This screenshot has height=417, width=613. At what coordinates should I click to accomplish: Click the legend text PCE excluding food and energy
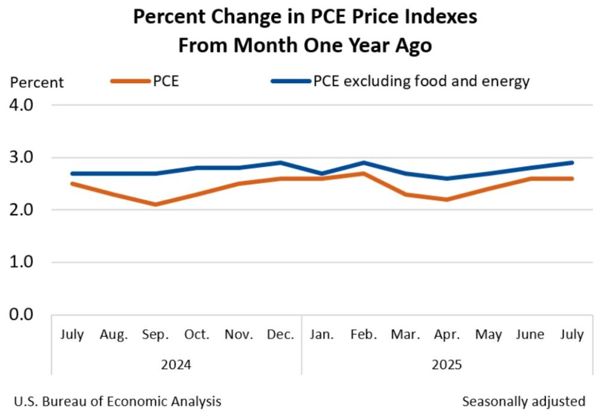(x=421, y=81)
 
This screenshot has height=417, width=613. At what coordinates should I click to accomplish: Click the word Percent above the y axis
(x=37, y=83)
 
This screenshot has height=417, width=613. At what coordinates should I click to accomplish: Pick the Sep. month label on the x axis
(x=156, y=335)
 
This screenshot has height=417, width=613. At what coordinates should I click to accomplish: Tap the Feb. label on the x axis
(x=364, y=335)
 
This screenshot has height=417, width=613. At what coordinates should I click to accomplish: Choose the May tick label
(x=488, y=335)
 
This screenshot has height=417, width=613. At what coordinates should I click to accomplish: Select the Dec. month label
(x=280, y=335)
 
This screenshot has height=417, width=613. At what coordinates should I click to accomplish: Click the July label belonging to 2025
(x=571, y=335)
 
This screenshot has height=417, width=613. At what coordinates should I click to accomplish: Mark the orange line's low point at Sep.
(x=156, y=204)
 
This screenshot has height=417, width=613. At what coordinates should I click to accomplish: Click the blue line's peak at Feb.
(x=364, y=162)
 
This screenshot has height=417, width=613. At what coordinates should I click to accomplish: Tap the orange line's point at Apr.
(x=447, y=199)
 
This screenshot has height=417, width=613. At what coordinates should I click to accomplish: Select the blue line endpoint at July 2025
(x=572, y=162)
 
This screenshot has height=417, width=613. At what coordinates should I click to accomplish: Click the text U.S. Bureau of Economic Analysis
(x=116, y=401)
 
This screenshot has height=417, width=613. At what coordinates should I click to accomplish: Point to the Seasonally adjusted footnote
(x=523, y=401)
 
